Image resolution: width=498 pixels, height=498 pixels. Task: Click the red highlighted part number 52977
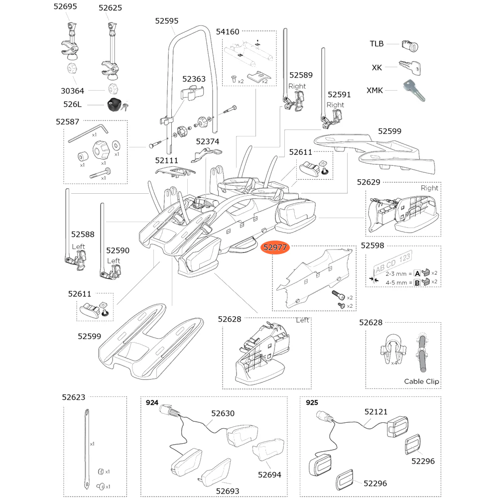click(275, 247)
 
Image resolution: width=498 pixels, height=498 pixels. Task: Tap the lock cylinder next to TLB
click(410, 46)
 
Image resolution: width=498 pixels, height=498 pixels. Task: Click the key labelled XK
click(410, 68)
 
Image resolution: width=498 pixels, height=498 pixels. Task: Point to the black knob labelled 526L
click(115, 105)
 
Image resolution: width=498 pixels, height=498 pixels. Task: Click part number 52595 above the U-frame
click(167, 21)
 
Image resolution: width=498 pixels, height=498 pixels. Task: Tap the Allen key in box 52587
click(88, 133)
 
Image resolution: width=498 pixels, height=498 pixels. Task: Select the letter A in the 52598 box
click(417, 273)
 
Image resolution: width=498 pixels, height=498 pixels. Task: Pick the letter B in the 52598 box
click(417, 282)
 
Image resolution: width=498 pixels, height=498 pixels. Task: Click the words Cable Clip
click(421, 381)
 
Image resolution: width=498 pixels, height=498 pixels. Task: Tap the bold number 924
click(152, 403)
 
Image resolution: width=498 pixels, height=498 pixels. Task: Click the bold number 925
click(312, 403)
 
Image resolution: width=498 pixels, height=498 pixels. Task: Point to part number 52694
click(269, 475)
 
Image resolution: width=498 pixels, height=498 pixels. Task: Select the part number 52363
click(194, 79)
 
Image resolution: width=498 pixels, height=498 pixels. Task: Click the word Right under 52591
click(335, 105)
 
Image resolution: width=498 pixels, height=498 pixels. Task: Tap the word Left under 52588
click(79, 247)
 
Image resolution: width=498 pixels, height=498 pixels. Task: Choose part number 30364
click(72, 91)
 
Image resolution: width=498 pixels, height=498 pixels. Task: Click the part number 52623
click(74, 397)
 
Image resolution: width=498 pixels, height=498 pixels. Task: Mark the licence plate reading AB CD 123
click(392, 262)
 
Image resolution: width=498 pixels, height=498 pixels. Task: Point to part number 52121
click(376, 412)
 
